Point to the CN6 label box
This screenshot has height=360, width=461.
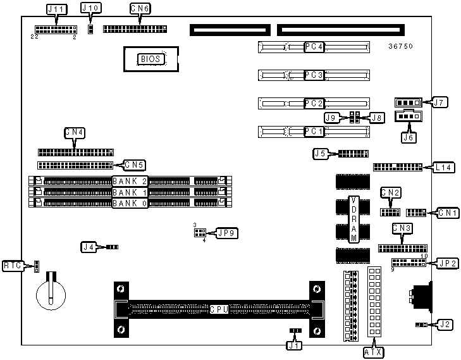coord(139,9)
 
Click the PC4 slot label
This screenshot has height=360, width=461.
coord(314,47)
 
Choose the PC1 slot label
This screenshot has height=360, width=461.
coord(314,132)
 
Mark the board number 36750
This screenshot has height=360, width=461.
coord(401,46)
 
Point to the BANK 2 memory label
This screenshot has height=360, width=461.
coord(130,182)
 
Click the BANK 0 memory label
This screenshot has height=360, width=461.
coord(130,203)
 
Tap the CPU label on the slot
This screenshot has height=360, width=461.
coord(219,310)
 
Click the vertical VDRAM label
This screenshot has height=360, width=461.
coord(354,219)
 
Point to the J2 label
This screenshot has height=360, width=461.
coord(445,325)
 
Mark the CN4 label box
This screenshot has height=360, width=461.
coord(75,133)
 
